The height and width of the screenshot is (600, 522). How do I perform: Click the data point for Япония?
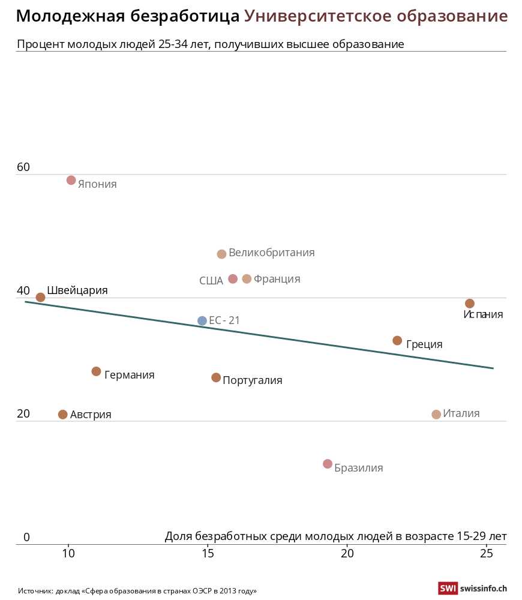click(71, 180)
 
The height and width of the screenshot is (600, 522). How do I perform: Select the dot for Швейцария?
click(41, 297)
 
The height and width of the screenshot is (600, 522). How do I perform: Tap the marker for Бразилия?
click(328, 464)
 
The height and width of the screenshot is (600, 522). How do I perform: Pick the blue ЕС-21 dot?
click(202, 321)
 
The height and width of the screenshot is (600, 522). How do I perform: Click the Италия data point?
click(436, 415)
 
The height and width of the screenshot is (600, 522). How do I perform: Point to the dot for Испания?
click(470, 304)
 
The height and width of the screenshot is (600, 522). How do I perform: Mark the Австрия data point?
click(63, 415)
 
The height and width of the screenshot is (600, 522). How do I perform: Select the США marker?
click(233, 279)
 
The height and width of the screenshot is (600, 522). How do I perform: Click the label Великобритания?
click(271, 253)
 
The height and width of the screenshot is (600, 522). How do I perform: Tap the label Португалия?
click(252, 380)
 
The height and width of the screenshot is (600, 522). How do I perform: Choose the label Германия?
click(129, 375)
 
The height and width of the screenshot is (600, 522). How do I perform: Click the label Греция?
click(424, 344)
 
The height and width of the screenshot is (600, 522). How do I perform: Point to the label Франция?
click(277, 279)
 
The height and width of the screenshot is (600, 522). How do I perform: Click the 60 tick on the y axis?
click(23, 167)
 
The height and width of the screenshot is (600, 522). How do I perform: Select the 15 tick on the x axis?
click(208, 553)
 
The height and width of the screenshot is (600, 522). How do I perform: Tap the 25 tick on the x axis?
click(487, 553)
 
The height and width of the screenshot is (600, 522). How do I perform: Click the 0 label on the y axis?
click(26, 538)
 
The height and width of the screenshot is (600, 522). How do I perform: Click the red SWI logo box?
click(448, 589)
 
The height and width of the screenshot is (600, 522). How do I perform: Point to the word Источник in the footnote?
click(35, 591)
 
